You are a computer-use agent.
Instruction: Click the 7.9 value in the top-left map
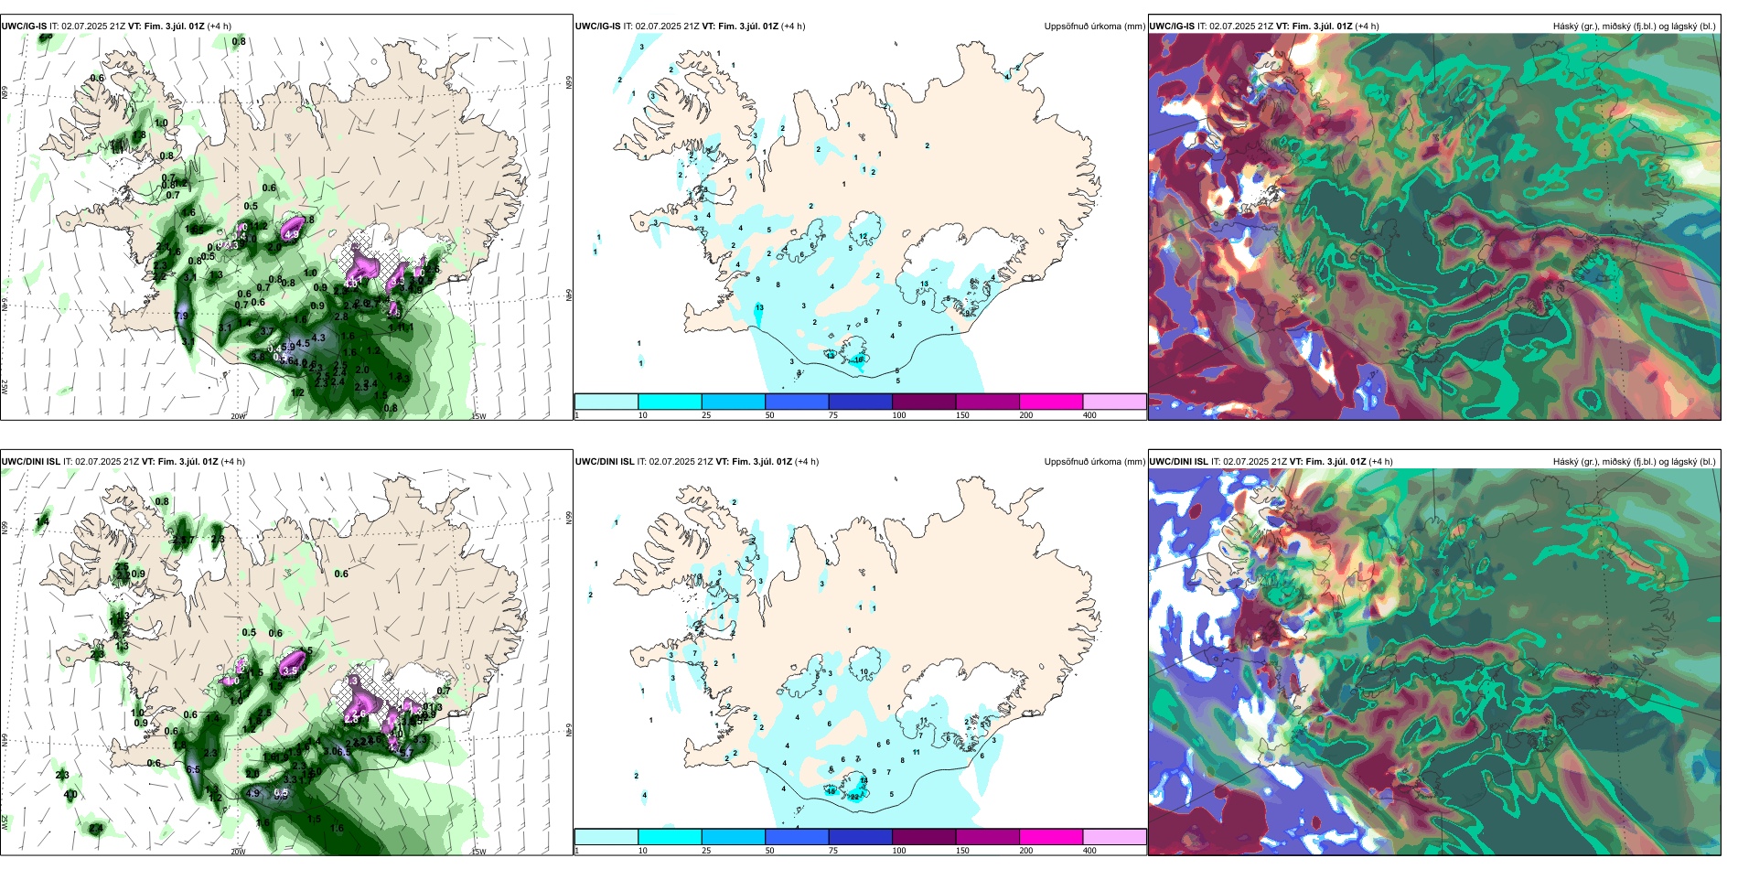[x=181, y=316]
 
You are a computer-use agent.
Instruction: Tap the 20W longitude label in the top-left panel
[x=238, y=416]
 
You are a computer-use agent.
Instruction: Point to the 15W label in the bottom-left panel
[x=477, y=852]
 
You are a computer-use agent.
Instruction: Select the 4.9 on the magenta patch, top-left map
[x=292, y=235]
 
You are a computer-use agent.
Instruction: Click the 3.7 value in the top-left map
[x=266, y=332]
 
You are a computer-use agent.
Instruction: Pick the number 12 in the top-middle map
[x=863, y=237]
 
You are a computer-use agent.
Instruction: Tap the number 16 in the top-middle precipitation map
[x=858, y=359]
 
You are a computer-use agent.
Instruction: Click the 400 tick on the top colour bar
[x=1089, y=415]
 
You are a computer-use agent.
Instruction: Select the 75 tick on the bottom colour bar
[x=834, y=851]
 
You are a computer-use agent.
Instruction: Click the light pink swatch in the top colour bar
[x=1114, y=402]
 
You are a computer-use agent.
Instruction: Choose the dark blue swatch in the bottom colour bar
[x=860, y=837]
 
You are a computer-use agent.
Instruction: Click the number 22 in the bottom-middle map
[x=854, y=797]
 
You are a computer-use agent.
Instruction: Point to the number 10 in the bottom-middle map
[x=864, y=672]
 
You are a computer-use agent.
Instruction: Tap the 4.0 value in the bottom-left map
[x=70, y=795]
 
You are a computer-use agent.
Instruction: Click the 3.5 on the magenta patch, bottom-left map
[x=290, y=671]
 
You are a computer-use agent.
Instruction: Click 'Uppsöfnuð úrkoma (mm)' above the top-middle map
[x=1094, y=27]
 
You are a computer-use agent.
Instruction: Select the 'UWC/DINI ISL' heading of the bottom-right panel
[x=1178, y=462]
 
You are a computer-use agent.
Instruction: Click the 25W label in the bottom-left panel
[x=5, y=822]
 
